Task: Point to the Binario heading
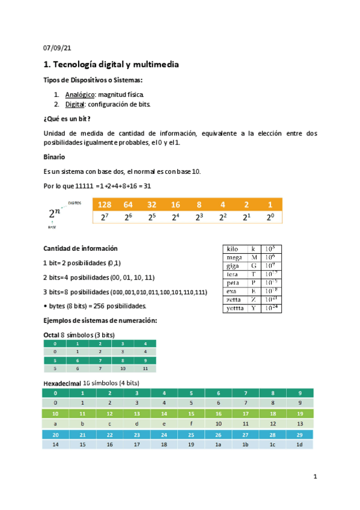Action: pos(55,156)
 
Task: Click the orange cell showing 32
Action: pos(151,204)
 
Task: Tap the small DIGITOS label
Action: pos(75,203)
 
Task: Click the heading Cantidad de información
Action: pos(81,248)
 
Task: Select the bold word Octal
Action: pos(52,334)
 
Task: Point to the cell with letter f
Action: pos(191,424)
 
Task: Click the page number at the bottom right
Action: pos(315,477)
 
